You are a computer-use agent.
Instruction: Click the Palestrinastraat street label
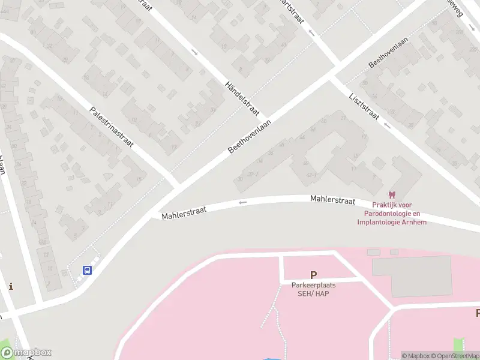pyautogui.click(x=112, y=128)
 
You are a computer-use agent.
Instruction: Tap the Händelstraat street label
pyautogui.click(x=242, y=100)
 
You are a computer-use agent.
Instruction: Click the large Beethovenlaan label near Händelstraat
pyautogui.click(x=250, y=136)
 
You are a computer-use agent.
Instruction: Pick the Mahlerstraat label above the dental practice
pyautogui.click(x=332, y=200)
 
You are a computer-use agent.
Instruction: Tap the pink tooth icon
pyautogui.click(x=392, y=195)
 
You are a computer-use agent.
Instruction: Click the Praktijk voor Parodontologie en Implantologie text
pyautogui.click(x=392, y=213)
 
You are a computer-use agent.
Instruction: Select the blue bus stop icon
pyautogui.click(x=87, y=270)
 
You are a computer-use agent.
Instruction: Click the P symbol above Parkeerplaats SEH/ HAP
pyautogui.click(x=313, y=275)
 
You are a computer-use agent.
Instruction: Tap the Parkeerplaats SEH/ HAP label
pyautogui.click(x=313, y=289)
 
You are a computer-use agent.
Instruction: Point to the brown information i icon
pyautogui.click(x=10, y=286)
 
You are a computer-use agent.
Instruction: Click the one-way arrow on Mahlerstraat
pyautogui.click(x=242, y=203)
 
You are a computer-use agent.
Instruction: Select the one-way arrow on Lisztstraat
pyautogui.click(x=386, y=125)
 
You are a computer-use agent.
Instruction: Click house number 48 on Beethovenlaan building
pyautogui.click(x=325, y=121)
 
